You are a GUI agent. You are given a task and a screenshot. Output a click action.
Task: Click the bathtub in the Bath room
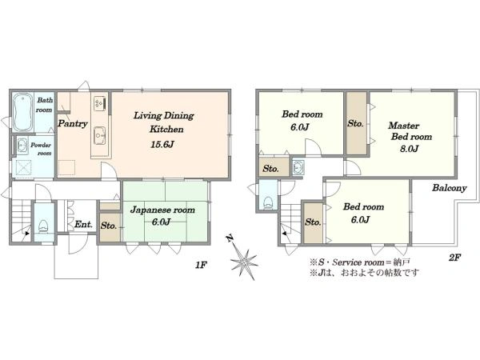click(x=23, y=112)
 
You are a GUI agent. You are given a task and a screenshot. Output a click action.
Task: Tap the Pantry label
click(x=73, y=124)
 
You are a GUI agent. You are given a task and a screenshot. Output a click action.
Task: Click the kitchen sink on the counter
click(x=100, y=136)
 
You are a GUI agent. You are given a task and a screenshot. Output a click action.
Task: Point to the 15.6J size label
click(x=162, y=144)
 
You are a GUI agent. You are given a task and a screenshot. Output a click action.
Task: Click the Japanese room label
click(x=162, y=210)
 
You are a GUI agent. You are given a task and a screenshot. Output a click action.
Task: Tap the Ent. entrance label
click(x=83, y=224)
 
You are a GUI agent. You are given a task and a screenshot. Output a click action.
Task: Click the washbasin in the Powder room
click(x=22, y=146)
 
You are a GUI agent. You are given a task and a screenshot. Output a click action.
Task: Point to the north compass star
click(x=243, y=260)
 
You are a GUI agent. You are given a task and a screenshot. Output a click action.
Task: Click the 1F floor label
click(x=202, y=265)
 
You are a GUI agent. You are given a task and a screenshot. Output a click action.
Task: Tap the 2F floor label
click(x=455, y=258)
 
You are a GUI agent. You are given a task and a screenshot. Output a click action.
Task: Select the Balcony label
click(x=449, y=188)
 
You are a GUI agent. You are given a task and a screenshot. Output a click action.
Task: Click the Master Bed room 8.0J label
click(x=410, y=137)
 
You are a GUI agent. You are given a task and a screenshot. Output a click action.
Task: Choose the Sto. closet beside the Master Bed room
click(x=356, y=124)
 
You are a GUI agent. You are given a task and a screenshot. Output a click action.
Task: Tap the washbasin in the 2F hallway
click(x=298, y=167)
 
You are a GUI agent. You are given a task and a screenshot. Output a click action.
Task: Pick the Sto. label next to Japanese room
click(x=109, y=226)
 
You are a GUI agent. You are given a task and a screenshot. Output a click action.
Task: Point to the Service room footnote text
click(x=360, y=262)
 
